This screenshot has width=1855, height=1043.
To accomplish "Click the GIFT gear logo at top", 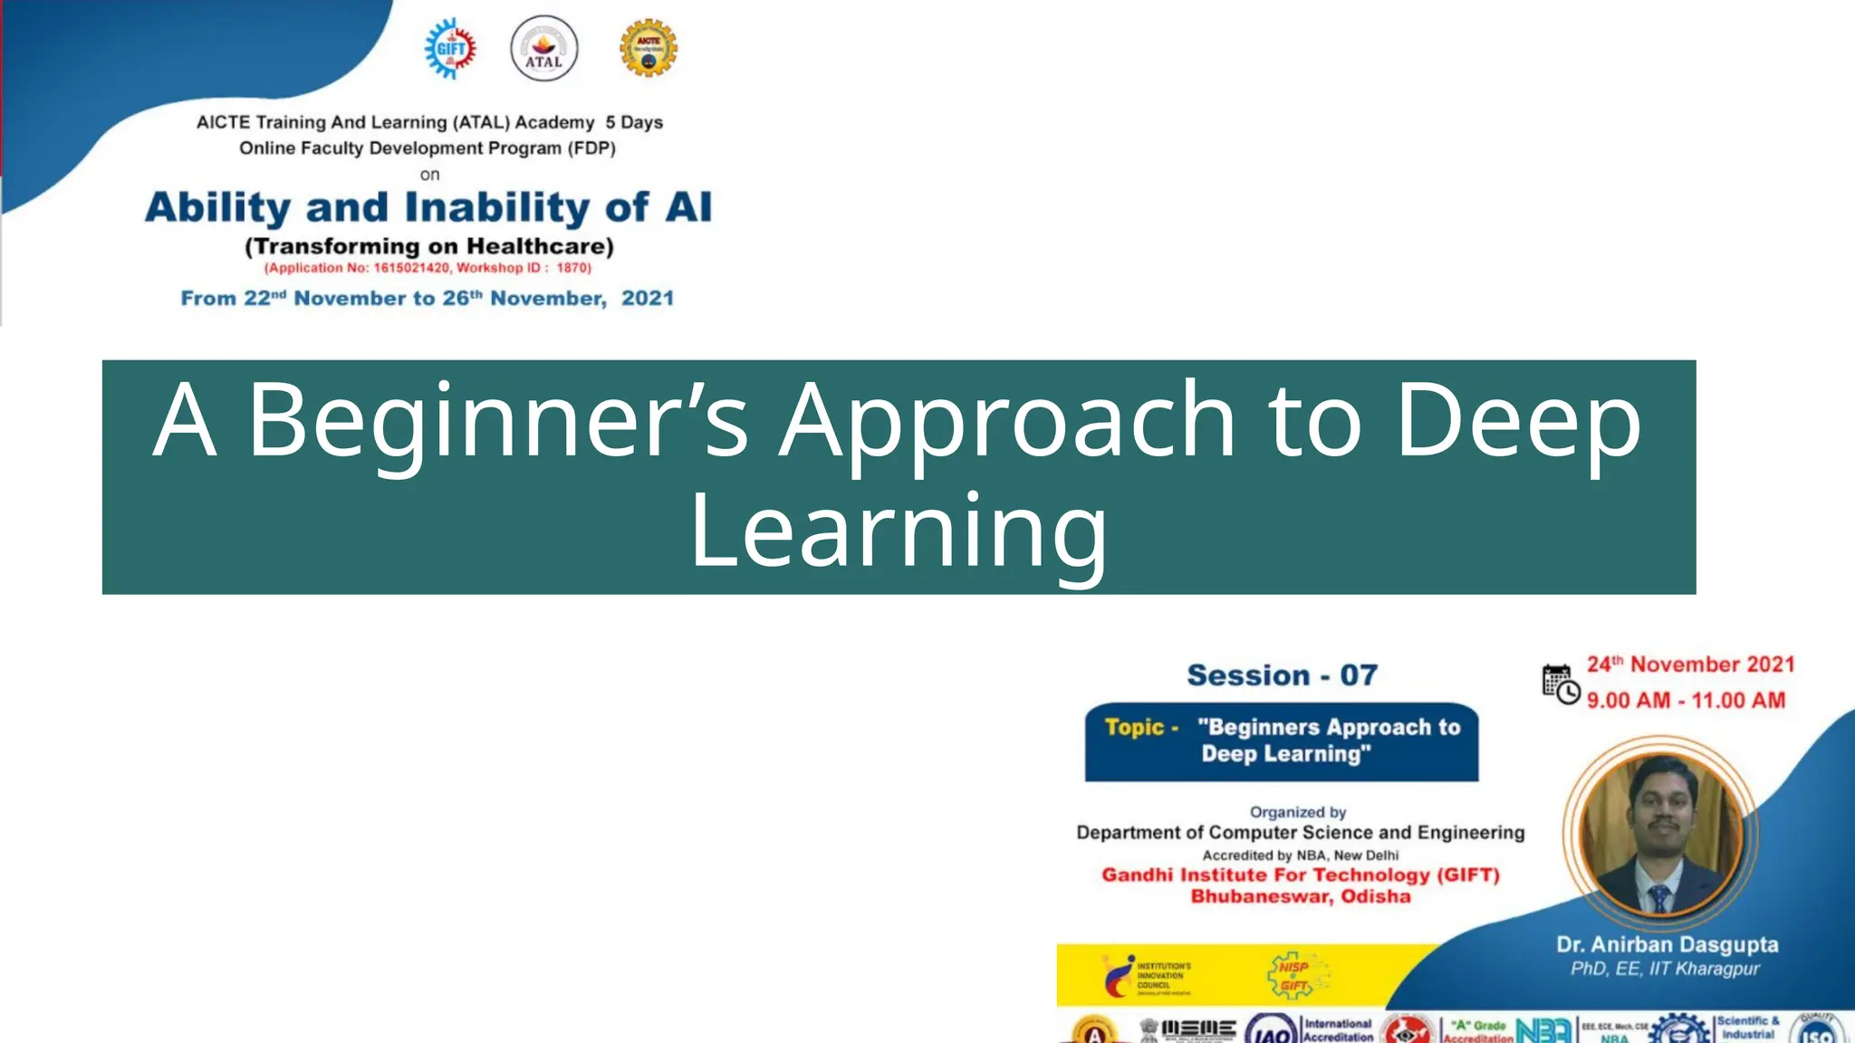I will coord(450,49).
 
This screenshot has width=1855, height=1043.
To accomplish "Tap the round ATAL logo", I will coord(543,49).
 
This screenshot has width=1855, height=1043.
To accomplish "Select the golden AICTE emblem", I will coord(648,48).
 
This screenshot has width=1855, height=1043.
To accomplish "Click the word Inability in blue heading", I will coord(496,207).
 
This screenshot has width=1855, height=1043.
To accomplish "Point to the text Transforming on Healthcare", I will coord(429,246).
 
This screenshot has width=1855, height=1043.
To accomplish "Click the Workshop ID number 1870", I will coord(572,268).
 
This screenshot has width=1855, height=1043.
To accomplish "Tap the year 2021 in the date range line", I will coord(647,299).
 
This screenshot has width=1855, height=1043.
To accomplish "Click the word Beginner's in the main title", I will coord(497,420).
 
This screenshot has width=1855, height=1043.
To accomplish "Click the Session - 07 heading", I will coord(1282,675).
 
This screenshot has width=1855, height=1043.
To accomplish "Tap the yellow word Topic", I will coord(1134,727).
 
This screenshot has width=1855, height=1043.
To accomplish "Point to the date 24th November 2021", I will coord(1690,665).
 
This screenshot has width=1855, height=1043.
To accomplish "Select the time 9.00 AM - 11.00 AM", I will coord(1686,701).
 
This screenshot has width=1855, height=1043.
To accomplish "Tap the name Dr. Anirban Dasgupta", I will coord(1667,944).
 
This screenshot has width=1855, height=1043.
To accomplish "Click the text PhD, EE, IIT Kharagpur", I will coord(1665,969).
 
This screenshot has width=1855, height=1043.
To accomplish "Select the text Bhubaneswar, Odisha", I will coord(1300,896).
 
